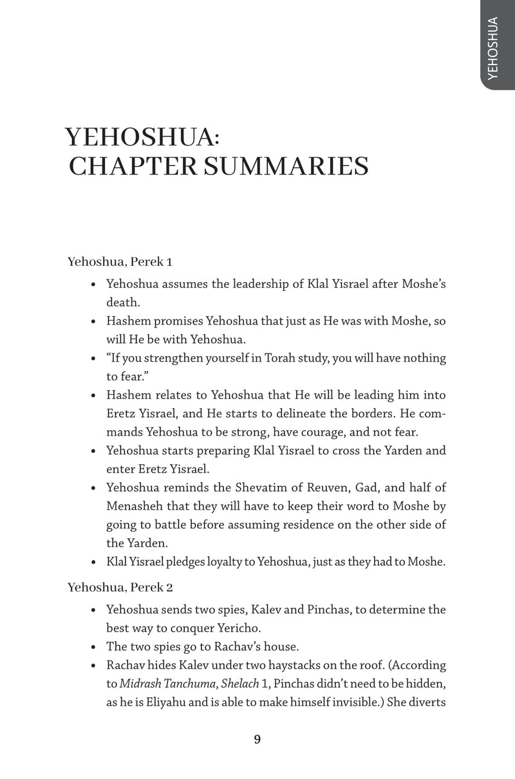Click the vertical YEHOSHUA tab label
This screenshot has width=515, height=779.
tap(494, 49)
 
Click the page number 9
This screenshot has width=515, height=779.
tap(257, 739)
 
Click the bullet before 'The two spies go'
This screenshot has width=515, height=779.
tap(94, 647)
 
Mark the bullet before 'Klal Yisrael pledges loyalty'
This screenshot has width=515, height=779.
tap(94, 563)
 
